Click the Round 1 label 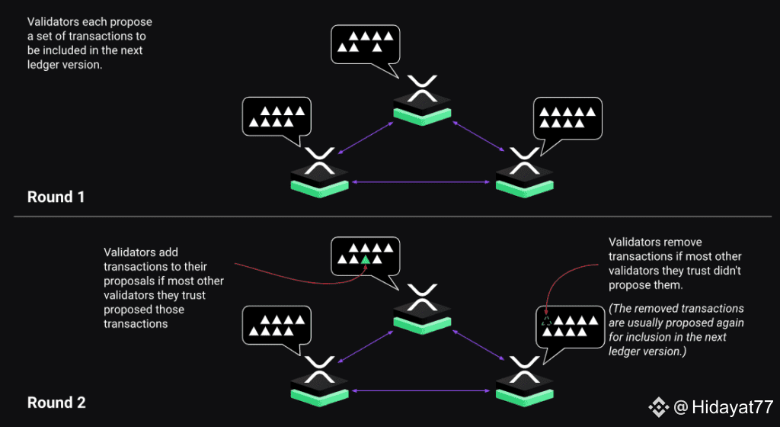tap(56, 197)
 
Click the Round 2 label tap(56, 402)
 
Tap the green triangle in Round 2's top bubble tap(366, 258)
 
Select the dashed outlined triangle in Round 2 tap(547, 321)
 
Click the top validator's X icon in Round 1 tap(422, 88)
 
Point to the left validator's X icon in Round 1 tap(319, 161)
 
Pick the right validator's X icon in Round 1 tap(524, 161)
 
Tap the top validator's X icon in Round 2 tap(422, 297)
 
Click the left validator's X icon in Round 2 tap(319, 370)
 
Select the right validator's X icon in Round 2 tap(524, 370)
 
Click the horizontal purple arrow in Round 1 tap(421, 182)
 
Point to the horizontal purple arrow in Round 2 tap(421, 390)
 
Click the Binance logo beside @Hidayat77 tap(659, 407)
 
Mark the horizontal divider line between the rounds tap(392, 217)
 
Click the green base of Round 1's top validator tap(422, 117)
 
